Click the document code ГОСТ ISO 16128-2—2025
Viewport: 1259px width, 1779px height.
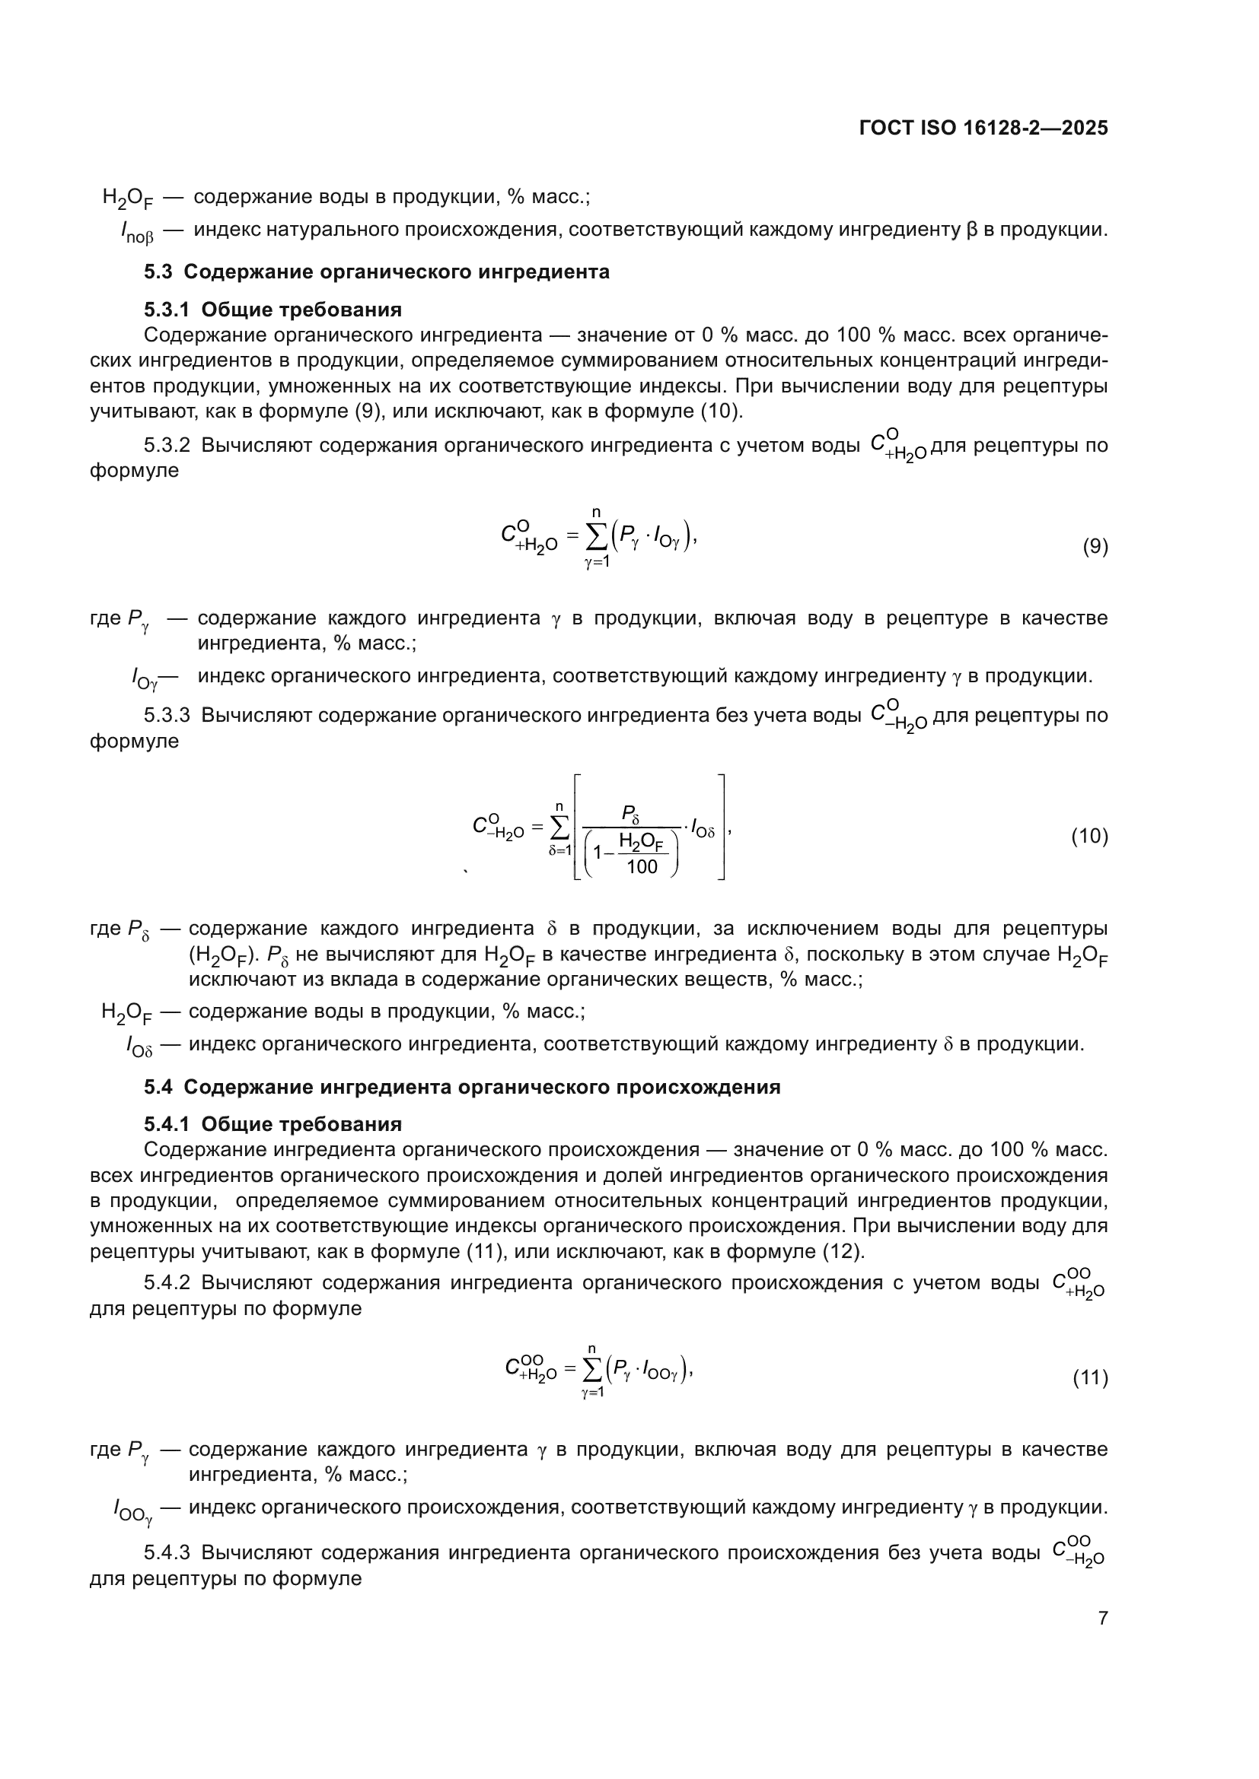[983, 128]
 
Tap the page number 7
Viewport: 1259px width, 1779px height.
[1102, 1618]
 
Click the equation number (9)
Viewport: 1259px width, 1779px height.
[1095, 547]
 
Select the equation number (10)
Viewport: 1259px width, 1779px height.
[1089, 836]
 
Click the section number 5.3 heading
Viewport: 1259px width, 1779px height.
[158, 272]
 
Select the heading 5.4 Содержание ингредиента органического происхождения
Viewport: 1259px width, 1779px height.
[462, 1087]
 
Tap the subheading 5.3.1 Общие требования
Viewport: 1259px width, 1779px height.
[273, 310]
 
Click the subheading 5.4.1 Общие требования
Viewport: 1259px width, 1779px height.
[273, 1124]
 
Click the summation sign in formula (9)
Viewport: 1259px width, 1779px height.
[597, 537]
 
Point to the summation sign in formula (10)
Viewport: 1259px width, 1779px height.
[559, 828]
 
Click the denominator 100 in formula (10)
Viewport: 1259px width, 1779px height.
[642, 866]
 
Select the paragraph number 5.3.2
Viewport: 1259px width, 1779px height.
[167, 446]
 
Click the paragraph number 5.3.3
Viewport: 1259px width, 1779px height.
[167, 715]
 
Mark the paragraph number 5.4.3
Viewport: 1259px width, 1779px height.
[167, 1553]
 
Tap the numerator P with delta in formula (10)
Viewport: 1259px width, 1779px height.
[629, 814]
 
